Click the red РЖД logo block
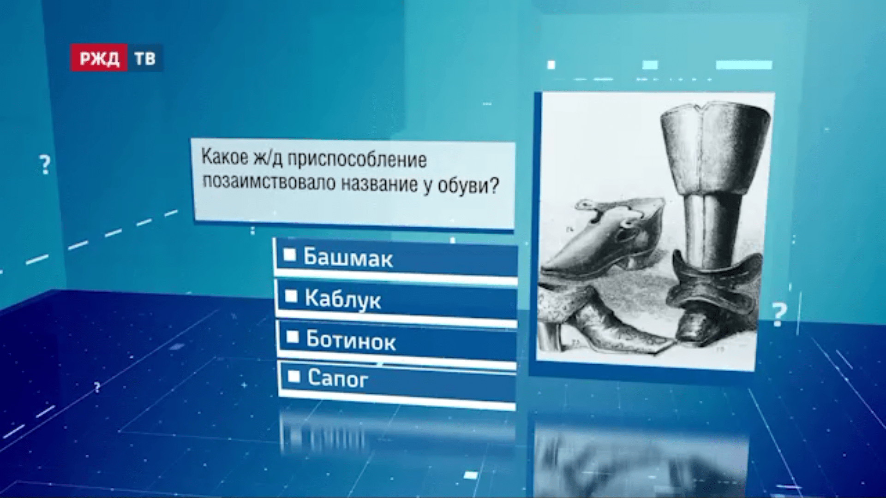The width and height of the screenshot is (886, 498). (x=98, y=58)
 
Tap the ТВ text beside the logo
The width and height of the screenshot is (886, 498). (x=145, y=59)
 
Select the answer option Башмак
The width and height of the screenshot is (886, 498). (x=348, y=258)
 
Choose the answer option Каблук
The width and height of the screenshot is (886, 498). (x=343, y=300)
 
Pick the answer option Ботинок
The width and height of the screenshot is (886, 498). (x=351, y=341)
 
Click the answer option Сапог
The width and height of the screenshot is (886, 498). (x=338, y=379)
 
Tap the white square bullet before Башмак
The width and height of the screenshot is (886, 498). (x=289, y=255)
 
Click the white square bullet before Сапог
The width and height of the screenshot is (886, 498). (x=294, y=377)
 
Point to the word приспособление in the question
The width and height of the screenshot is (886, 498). (x=357, y=160)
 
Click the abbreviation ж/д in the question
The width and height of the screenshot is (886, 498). (x=268, y=158)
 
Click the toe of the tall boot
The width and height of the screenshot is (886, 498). (x=692, y=330)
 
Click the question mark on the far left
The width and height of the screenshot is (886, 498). (x=45, y=165)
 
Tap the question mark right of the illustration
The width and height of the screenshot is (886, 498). (x=778, y=315)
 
